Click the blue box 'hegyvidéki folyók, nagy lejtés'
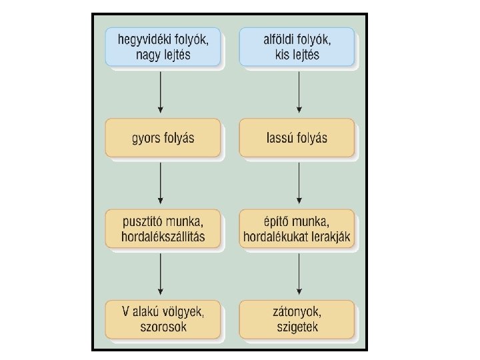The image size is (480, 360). click(163, 46)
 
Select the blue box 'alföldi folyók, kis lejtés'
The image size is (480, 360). click(297, 46)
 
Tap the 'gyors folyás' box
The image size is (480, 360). click(163, 138)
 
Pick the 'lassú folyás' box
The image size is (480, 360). click(297, 138)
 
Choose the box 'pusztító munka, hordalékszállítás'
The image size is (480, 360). click(163, 229)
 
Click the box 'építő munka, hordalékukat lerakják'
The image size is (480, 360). click(297, 229)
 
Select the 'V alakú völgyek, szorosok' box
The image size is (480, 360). click(163, 319)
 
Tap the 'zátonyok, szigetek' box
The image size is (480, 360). click(297, 319)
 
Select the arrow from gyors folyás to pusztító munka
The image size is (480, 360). click(161, 183)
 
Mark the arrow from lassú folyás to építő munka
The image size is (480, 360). click(300, 183)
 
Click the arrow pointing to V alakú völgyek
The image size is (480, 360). click(161, 275)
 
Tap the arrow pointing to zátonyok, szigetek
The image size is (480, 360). click(300, 275)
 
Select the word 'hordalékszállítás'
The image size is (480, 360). click(163, 237)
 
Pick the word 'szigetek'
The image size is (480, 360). click(297, 327)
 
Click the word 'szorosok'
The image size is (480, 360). click(163, 327)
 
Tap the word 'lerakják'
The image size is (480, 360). click(331, 237)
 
